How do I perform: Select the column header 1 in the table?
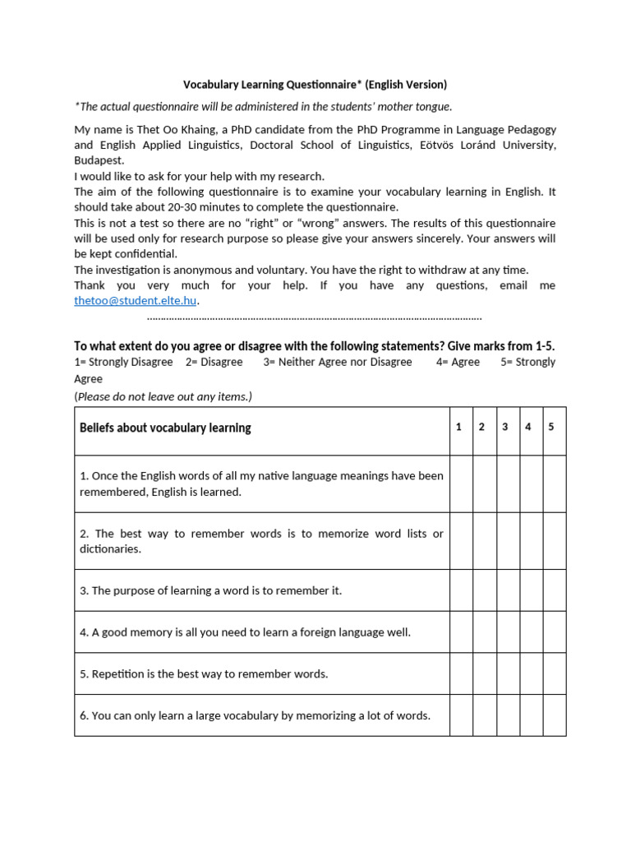point(459,427)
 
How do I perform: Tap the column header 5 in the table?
point(551,427)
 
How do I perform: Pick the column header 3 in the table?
point(505,427)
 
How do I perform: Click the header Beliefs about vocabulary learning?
point(165,428)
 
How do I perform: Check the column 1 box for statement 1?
point(461,483)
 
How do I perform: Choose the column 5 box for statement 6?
point(554,715)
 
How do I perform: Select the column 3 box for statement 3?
point(507,590)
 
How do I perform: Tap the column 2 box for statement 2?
point(484,541)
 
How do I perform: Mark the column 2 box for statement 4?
point(484,632)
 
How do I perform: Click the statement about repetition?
point(204,674)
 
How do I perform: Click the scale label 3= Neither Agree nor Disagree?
point(338,362)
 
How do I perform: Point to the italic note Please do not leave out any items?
point(164,396)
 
